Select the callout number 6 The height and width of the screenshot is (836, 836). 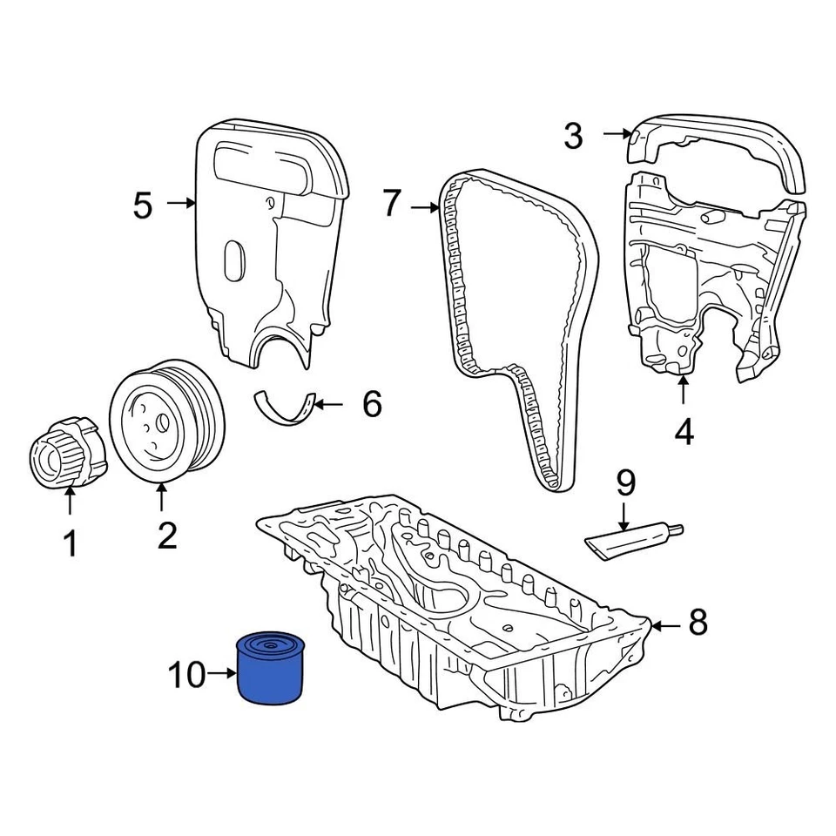click(372, 404)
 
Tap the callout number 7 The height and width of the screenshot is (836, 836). click(393, 205)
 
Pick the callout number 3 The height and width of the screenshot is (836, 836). click(572, 136)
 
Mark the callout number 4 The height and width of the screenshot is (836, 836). click(684, 432)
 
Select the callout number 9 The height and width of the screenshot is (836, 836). click(626, 482)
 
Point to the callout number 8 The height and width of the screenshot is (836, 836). click(698, 623)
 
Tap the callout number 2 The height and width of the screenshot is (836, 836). click(166, 535)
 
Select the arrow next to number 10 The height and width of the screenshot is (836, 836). click(221, 674)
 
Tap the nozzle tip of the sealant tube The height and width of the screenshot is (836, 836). click(678, 528)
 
